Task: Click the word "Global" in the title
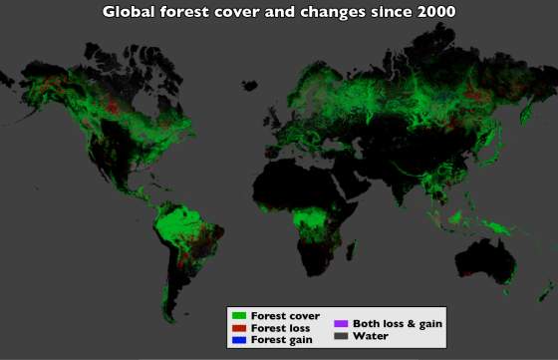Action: click(131, 13)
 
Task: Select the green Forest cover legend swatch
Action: click(239, 315)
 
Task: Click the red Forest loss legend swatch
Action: click(239, 327)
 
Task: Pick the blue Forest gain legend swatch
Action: click(239, 339)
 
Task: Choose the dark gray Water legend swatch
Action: click(341, 336)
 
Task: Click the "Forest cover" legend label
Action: click(285, 315)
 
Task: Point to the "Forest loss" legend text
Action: click(280, 327)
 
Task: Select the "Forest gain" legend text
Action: click(281, 339)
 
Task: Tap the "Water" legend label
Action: click(370, 336)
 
